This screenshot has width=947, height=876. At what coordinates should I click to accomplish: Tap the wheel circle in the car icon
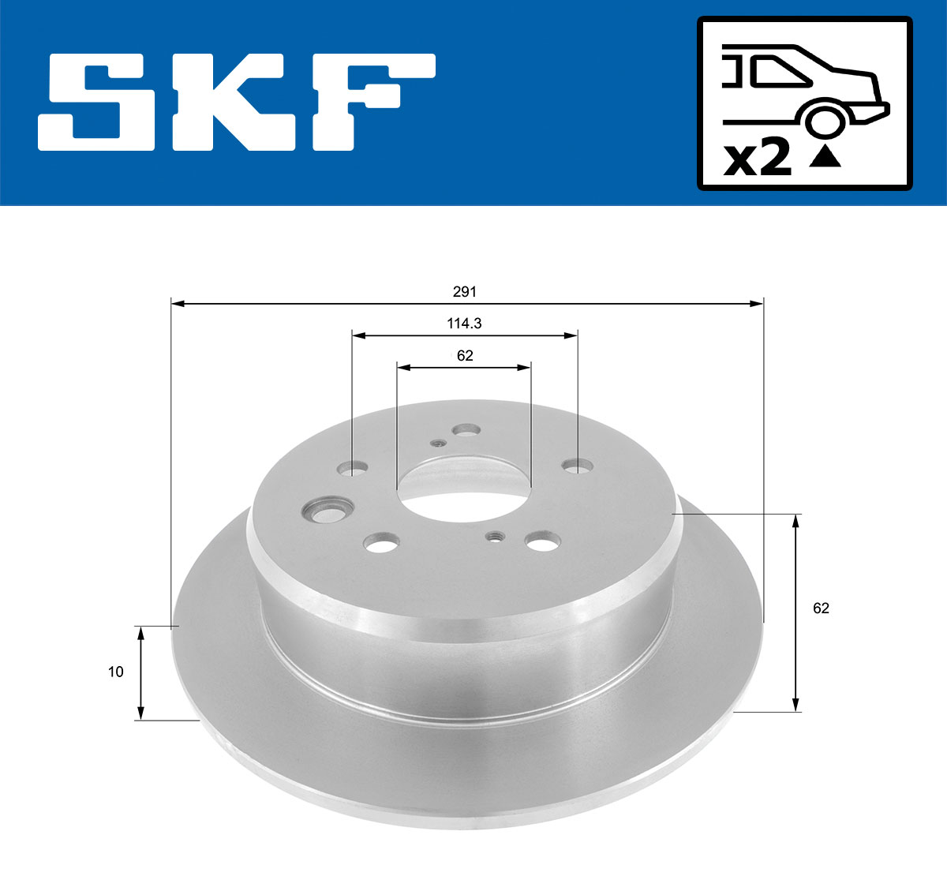[x=824, y=122]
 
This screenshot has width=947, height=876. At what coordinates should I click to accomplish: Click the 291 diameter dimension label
[x=465, y=292]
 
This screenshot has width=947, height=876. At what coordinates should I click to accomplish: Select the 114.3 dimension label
[x=465, y=324]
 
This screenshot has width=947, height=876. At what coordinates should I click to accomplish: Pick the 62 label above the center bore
[x=465, y=356]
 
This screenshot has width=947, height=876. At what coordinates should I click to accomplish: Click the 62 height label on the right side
[x=821, y=608]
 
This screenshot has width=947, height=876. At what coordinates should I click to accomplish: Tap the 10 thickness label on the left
[x=116, y=672]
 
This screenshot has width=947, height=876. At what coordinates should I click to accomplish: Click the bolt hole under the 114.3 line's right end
[x=578, y=466]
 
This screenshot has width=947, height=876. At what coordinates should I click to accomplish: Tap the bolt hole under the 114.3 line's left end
[x=353, y=469]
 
